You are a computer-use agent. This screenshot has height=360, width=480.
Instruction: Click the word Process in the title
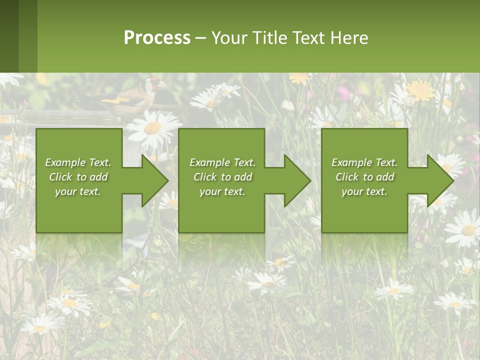157,38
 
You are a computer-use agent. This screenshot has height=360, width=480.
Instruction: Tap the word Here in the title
349,38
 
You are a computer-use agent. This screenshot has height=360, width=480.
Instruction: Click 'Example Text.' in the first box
78,162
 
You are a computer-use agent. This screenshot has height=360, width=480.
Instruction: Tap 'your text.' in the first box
78,191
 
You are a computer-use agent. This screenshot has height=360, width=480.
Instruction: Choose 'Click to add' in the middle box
222,177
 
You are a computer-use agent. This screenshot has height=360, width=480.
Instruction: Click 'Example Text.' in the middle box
222,162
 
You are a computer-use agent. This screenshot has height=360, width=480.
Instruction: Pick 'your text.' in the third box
364,191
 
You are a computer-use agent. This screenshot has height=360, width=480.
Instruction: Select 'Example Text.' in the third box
364,162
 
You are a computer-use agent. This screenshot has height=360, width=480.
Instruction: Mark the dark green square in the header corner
9,36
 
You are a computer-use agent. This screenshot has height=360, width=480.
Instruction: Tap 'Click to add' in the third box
364,177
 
